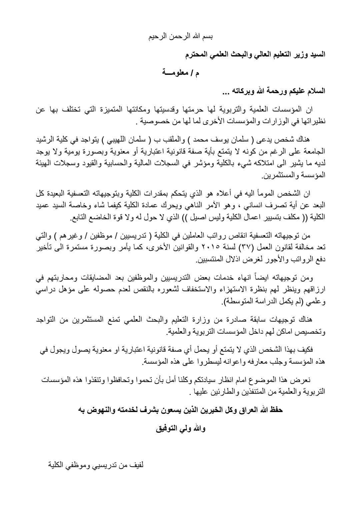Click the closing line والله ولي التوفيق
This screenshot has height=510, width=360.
[x=180, y=428]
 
